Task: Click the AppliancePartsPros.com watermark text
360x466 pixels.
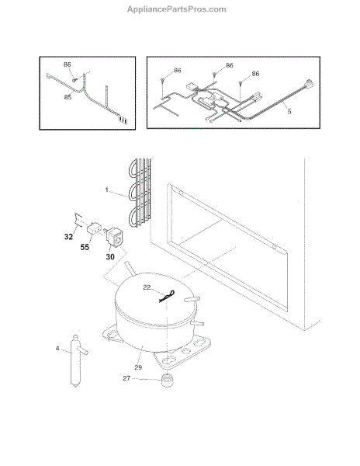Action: [177, 9]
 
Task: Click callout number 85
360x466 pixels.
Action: [67, 97]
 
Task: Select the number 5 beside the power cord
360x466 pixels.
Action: [289, 111]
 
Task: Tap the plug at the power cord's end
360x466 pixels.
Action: [308, 84]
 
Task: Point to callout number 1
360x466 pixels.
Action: [107, 190]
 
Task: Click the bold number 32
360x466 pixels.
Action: [68, 237]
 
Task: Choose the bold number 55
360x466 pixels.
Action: [85, 247]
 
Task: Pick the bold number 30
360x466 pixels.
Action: [110, 256]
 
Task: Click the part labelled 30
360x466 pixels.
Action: [114, 237]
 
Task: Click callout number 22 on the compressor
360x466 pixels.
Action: [147, 287]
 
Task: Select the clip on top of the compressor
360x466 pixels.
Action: [167, 297]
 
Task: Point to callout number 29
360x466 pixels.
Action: [138, 367]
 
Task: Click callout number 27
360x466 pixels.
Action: [126, 378]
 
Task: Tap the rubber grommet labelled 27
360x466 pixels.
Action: [168, 381]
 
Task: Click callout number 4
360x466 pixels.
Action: [57, 348]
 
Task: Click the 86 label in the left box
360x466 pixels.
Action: [67, 64]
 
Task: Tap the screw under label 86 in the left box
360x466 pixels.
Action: [74, 80]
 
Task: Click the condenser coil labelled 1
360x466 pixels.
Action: [140, 193]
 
